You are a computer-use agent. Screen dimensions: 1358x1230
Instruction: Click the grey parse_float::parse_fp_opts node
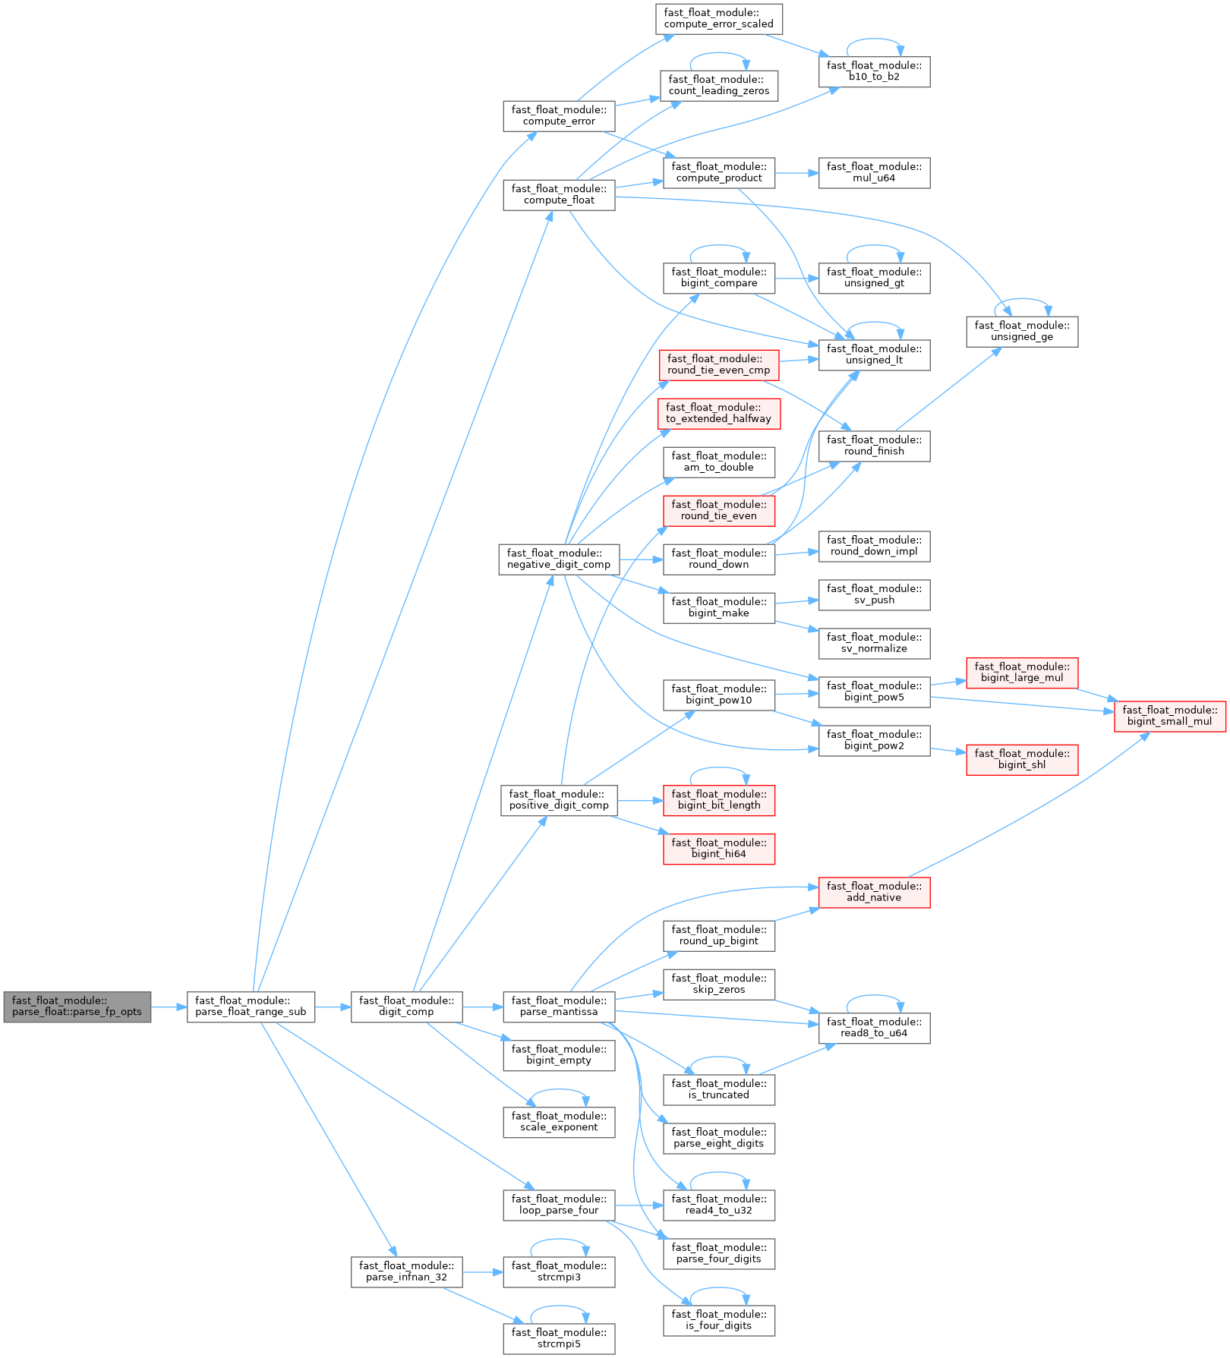tap(77, 1007)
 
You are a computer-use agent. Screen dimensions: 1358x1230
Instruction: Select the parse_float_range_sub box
tap(251, 1007)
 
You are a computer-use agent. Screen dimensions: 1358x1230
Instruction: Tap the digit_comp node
tap(406, 1007)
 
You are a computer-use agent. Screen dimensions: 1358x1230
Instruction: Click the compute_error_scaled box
tap(718, 18)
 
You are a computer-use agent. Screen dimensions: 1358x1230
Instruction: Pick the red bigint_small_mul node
tap(1169, 716)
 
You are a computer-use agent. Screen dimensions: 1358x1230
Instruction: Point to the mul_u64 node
tap(874, 172)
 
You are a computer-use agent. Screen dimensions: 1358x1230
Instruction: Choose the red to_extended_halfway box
tap(718, 413)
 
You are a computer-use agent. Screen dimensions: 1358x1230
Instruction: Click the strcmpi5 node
tap(559, 1338)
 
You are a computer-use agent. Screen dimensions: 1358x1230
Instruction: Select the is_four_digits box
tap(718, 1320)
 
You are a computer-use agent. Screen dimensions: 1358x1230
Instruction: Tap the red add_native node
tap(874, 892)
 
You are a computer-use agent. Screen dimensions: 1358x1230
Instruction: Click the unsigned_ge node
tap(1022, 331)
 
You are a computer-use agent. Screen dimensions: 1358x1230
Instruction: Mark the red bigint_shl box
tap(1022, 759)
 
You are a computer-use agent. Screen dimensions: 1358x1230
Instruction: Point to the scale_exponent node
tap(559, 1122)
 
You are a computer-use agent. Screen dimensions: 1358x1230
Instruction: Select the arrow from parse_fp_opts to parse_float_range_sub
tap(169, 1007)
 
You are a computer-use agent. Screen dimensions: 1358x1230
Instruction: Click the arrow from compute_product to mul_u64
tap(796, 172)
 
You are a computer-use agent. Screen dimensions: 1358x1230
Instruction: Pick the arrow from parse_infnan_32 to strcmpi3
tap(482, 1271)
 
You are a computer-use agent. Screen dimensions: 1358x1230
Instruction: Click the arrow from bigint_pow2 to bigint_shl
tap(948, 750)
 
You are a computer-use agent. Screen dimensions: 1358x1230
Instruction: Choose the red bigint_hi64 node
tap(718, 849)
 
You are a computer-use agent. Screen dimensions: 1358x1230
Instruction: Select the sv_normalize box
tap(874, 643)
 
